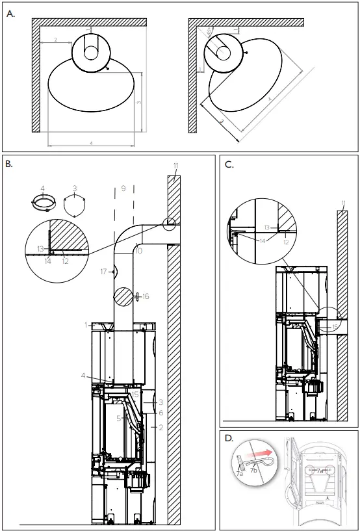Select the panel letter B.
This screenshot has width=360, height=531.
pyautogui.click(x=9, y=164)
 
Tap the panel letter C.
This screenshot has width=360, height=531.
pyautogui.click(x=229, y=164)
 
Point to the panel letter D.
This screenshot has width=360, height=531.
pyautogui.click(x=229, y=439)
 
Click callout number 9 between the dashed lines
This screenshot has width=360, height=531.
pyautogui.click(x=122, y=189)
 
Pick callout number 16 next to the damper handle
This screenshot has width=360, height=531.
pyautogui.click(x=146, y=296)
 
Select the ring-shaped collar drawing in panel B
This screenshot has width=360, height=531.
pyautogui.click(x=43, y=204)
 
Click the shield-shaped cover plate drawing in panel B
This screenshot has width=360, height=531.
pyautogui.click(x=75, y=204)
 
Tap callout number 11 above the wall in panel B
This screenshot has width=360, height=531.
pyautogui.click(x=175, y=166)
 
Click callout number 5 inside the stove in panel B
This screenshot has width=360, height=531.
pyautogui.click(x=118, y=418)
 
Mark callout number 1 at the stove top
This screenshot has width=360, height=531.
pyautogui.click(x=85, y=324)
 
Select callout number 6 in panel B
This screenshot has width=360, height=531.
pyautogui.click(x=160, y=413)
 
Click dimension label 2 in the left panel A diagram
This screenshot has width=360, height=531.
pyautogui.click(x=56, y=40)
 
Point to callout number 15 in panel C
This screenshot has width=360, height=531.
pyautogui.click(x=335, y=326)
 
